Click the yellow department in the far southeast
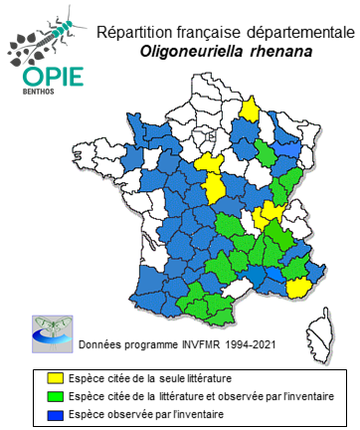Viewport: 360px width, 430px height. tap(297, 288)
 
